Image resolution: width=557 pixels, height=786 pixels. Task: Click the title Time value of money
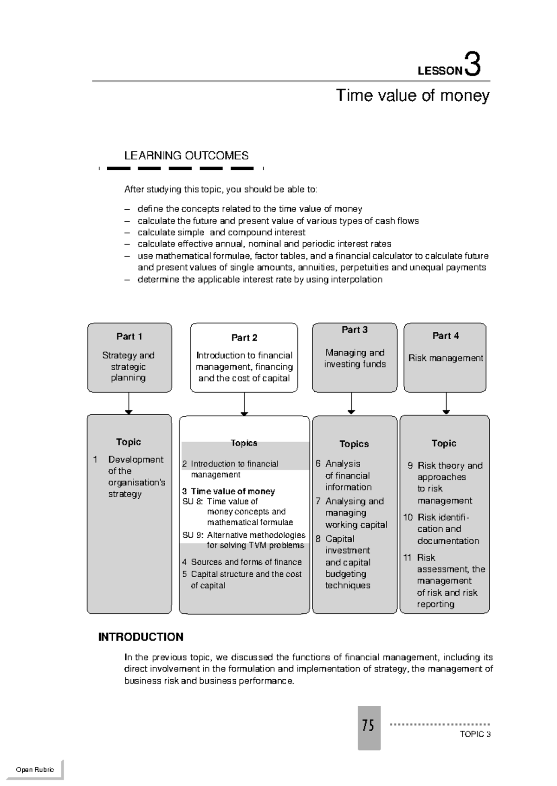point(412,96)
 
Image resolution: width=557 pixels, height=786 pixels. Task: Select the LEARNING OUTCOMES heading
point(186,155)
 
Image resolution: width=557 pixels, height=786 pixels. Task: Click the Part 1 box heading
point(129,336)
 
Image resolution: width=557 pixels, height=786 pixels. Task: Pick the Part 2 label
point(244,338)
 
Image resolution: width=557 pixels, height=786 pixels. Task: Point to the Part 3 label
point(355,330)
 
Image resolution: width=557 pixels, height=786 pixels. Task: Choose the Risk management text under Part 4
point(446,358)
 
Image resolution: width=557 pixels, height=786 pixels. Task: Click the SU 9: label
point(193,535)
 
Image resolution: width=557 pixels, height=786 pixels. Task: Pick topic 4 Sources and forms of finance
point(242,562)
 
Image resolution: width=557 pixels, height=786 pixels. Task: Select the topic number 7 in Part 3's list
point(318,501)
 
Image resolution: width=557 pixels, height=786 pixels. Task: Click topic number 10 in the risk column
point(408,517)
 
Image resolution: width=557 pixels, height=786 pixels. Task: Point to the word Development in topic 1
point(136,459)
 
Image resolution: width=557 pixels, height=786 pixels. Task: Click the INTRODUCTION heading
point(141,637)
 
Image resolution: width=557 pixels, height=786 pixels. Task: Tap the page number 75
point(369,725)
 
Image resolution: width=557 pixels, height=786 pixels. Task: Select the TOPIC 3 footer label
point(475,734)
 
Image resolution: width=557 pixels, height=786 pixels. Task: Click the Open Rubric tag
point(35,770)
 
